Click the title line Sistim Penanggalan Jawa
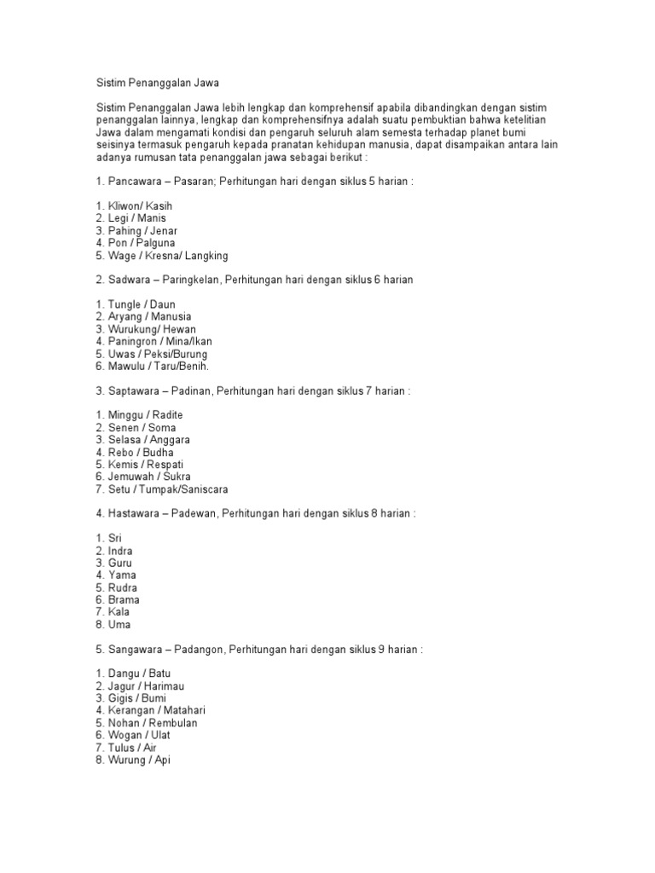(x=157, y=84)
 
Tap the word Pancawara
(x=136, y=182)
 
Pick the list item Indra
(x=120, y=552)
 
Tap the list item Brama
(x=124, y=600)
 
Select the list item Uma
(x=119, y=625)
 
